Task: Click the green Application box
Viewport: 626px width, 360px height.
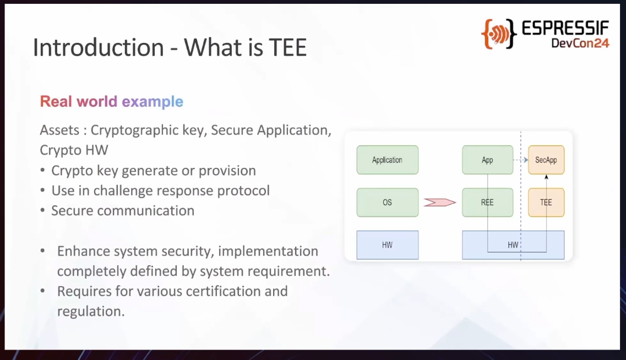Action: [x=387, y=160]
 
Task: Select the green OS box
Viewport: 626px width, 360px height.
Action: [x=387, y=203]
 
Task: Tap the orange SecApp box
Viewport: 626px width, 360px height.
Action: [x=546, y=160]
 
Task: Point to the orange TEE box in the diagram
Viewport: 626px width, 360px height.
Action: [x=546, y=203]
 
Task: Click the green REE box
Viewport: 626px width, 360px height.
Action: [x=487, y=203]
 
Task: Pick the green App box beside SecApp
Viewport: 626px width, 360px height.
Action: [x=487, y=160]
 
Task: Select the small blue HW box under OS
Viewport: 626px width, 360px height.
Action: [x=387, y=245]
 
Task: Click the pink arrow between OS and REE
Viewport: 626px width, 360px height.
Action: [x=439, y=203]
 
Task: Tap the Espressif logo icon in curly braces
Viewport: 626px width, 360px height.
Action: [x=499, y=34]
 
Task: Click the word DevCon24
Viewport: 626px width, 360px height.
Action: [x=580, y=43]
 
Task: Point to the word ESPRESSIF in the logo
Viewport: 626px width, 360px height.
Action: [x=565, y=28]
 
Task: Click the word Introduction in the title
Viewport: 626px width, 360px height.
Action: [x=98, y=47]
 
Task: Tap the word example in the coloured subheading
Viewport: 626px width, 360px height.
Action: [x=153, y=102]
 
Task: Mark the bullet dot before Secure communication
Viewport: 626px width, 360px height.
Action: [x=43, y=210]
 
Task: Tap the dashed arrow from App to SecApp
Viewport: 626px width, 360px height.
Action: [x=521, y=160]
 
